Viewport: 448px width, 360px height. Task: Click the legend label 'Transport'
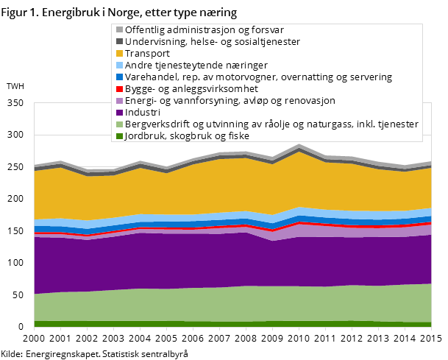coord(147,54)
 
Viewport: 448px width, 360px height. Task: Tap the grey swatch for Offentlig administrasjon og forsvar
coord(118,30)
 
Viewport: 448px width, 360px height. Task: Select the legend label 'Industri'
coord(142,113)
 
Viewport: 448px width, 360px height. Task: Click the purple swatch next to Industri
coord(118,113)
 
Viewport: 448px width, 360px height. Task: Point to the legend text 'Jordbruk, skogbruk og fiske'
coord(187,136)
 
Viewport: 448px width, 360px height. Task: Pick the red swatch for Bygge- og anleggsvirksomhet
coord(118,89)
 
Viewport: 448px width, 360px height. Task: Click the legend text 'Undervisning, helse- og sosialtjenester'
coord(213,42)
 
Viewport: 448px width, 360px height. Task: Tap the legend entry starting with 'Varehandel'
coord(258,77)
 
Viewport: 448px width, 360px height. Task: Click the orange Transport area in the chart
coord(221,188)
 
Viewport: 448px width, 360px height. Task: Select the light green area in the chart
coord(221,303)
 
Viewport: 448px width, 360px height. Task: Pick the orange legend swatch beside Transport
coord(118,54)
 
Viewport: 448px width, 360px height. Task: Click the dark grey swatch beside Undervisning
coord(118,42)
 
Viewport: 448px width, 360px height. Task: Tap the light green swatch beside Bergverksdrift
coord(118,124)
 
